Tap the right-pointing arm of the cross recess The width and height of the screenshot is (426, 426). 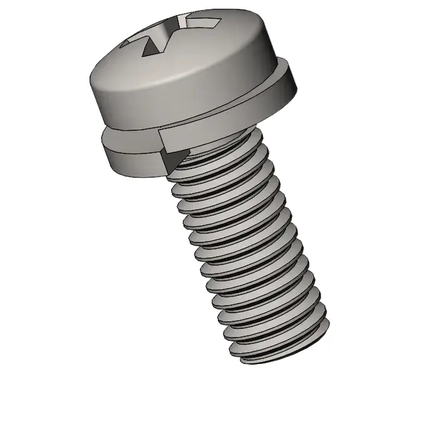point(207,24)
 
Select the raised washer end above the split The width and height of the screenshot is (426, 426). point(188,132)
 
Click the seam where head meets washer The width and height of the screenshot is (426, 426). point(188,118)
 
